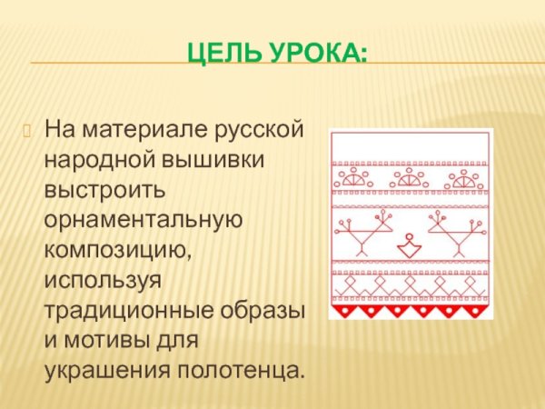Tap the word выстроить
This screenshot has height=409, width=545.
tap(104, 190)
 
